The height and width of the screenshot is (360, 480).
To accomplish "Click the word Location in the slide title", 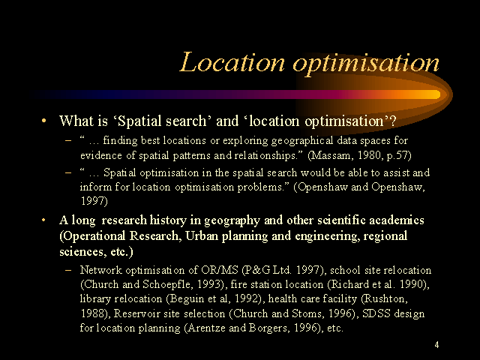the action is click(x=232, y=62).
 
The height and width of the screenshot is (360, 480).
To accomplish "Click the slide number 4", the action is click(x=436, y=345).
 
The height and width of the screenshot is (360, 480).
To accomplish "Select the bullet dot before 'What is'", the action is click(x=43, y=121).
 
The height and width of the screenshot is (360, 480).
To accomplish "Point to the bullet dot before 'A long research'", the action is click(x=43, y=220).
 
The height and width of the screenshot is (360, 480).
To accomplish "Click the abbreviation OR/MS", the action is click(x=220, y=270).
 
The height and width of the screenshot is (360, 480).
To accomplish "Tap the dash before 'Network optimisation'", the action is click(x=68, y=270).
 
